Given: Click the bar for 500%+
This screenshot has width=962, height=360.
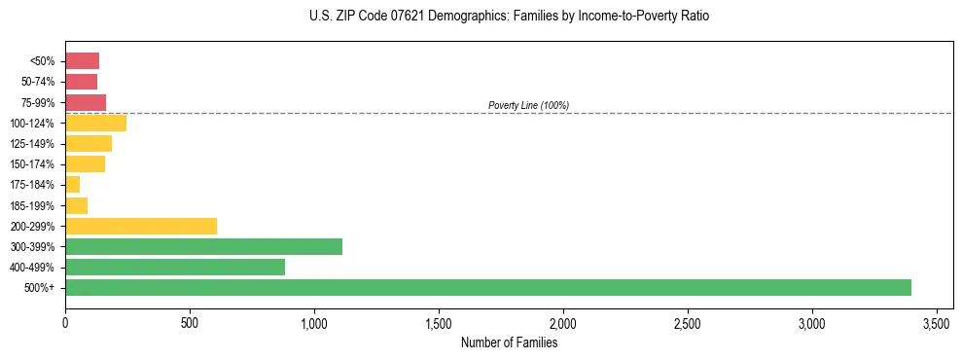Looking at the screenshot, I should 487,287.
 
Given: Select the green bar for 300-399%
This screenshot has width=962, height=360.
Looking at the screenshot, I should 203,246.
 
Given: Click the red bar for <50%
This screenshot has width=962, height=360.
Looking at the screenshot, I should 82,61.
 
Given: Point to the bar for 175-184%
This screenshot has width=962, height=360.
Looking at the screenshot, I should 72,185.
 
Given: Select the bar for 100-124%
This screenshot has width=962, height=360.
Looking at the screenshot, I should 95,123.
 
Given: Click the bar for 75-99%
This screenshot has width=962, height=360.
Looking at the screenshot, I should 86,102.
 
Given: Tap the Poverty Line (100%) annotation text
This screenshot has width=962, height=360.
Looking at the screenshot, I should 528,105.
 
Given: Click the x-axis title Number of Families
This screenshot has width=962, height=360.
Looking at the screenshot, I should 509,342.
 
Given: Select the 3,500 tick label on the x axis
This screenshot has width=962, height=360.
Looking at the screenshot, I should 937,322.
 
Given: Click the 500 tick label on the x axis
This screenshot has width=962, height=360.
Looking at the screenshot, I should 190,322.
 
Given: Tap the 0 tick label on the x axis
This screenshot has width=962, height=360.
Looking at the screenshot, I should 65,322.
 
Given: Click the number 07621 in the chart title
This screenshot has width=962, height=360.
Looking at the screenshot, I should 394,17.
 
